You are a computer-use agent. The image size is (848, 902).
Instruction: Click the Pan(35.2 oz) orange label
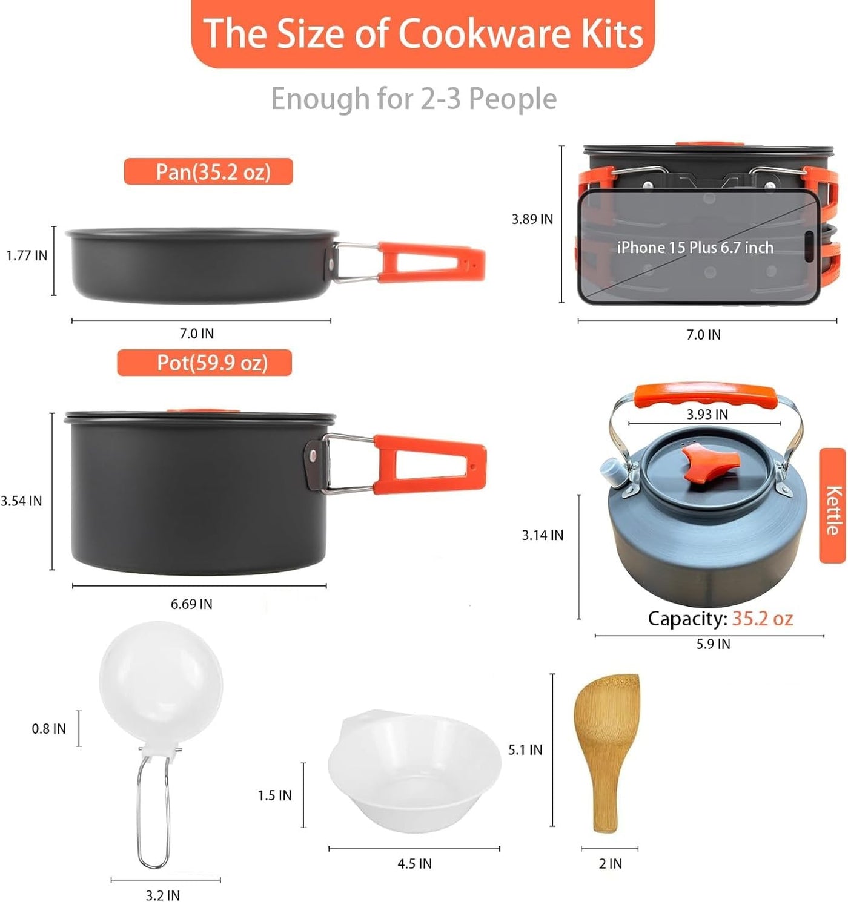point(208,171)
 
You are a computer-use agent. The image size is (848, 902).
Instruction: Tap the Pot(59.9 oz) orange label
point(205,363)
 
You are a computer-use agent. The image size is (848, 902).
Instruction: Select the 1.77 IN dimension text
point(27,255)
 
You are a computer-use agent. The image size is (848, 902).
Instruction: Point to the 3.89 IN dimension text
point(532,219)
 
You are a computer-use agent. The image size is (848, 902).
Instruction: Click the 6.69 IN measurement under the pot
point(191,604)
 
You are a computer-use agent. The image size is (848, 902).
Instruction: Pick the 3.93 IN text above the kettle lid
point(707,414)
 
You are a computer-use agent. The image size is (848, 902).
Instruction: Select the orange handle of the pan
point(431,262)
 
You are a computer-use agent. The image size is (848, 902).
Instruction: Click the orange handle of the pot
point(429,464)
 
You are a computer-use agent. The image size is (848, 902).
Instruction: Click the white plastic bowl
point(414,771)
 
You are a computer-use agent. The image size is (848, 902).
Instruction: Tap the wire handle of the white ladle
point(154,813)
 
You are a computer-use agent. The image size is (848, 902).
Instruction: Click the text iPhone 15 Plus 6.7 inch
point(695,248)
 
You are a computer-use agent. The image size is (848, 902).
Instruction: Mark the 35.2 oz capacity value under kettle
point(763,619)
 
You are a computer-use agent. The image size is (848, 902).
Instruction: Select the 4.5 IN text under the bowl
point(414,864)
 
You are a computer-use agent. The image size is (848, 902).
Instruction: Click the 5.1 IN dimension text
point(525,750)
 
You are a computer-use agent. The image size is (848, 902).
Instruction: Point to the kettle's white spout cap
point(611,472)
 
